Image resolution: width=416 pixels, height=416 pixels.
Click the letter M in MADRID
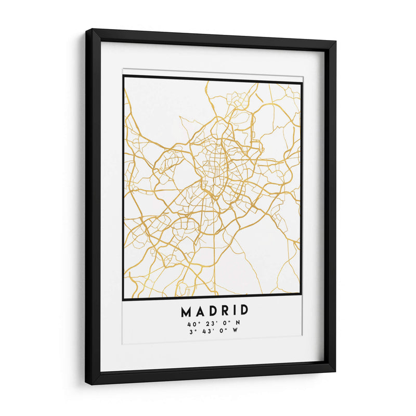click(186, 311)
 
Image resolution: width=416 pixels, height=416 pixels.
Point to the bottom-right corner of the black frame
click(335, 372)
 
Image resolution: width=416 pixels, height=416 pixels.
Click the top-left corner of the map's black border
click(124, 76)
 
